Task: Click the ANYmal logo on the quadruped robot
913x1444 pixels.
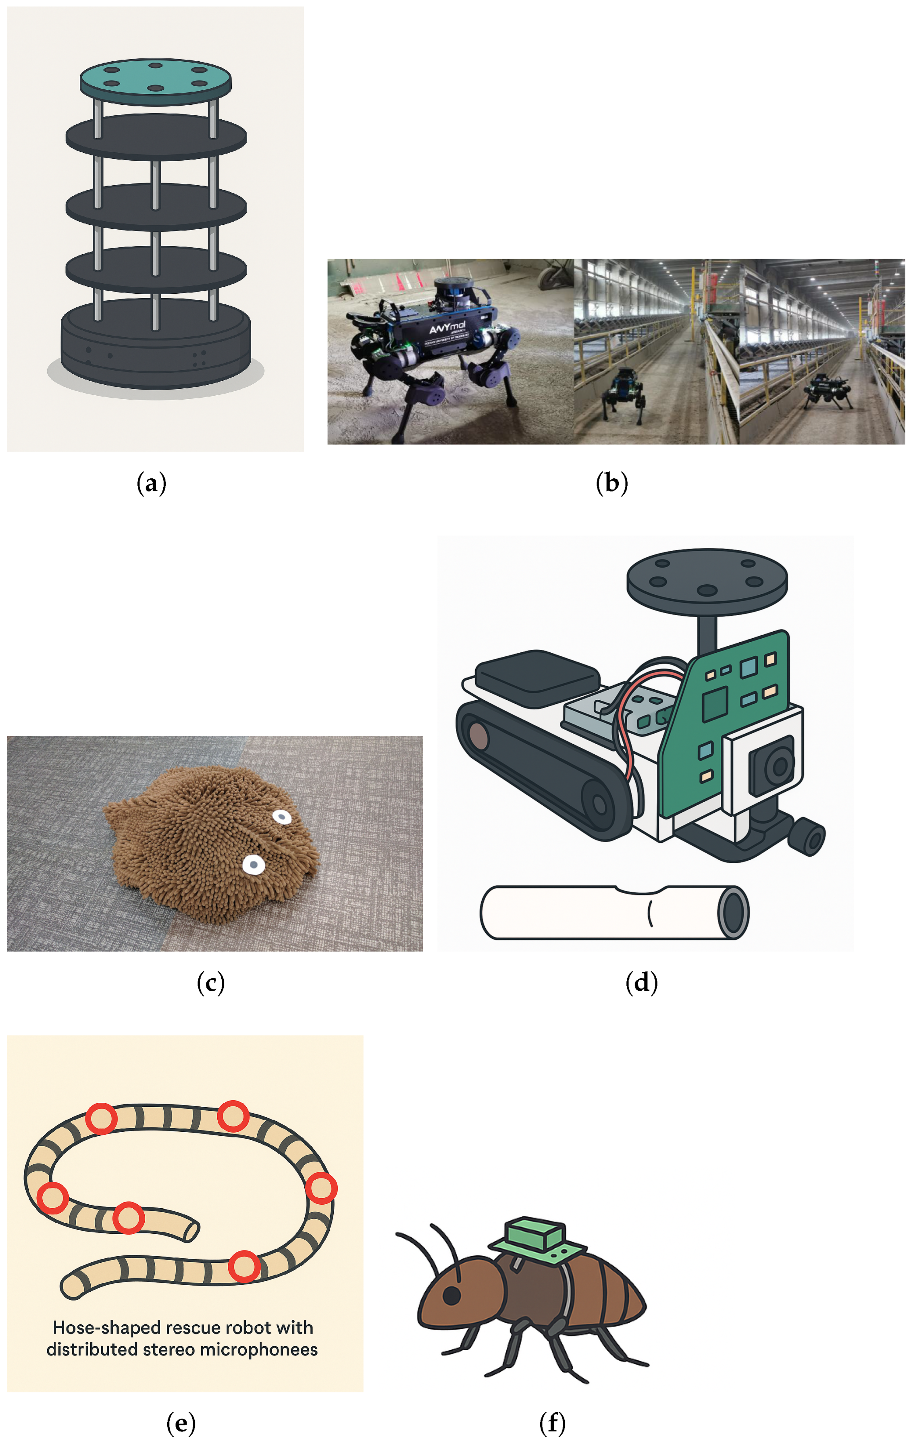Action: click(446, 328)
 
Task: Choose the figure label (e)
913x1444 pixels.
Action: click(181, 1422)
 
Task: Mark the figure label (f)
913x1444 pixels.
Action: click(552, 1422)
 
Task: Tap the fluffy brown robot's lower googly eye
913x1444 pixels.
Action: click(253, 864)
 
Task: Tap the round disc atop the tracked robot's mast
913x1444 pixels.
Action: click(707, 579)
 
